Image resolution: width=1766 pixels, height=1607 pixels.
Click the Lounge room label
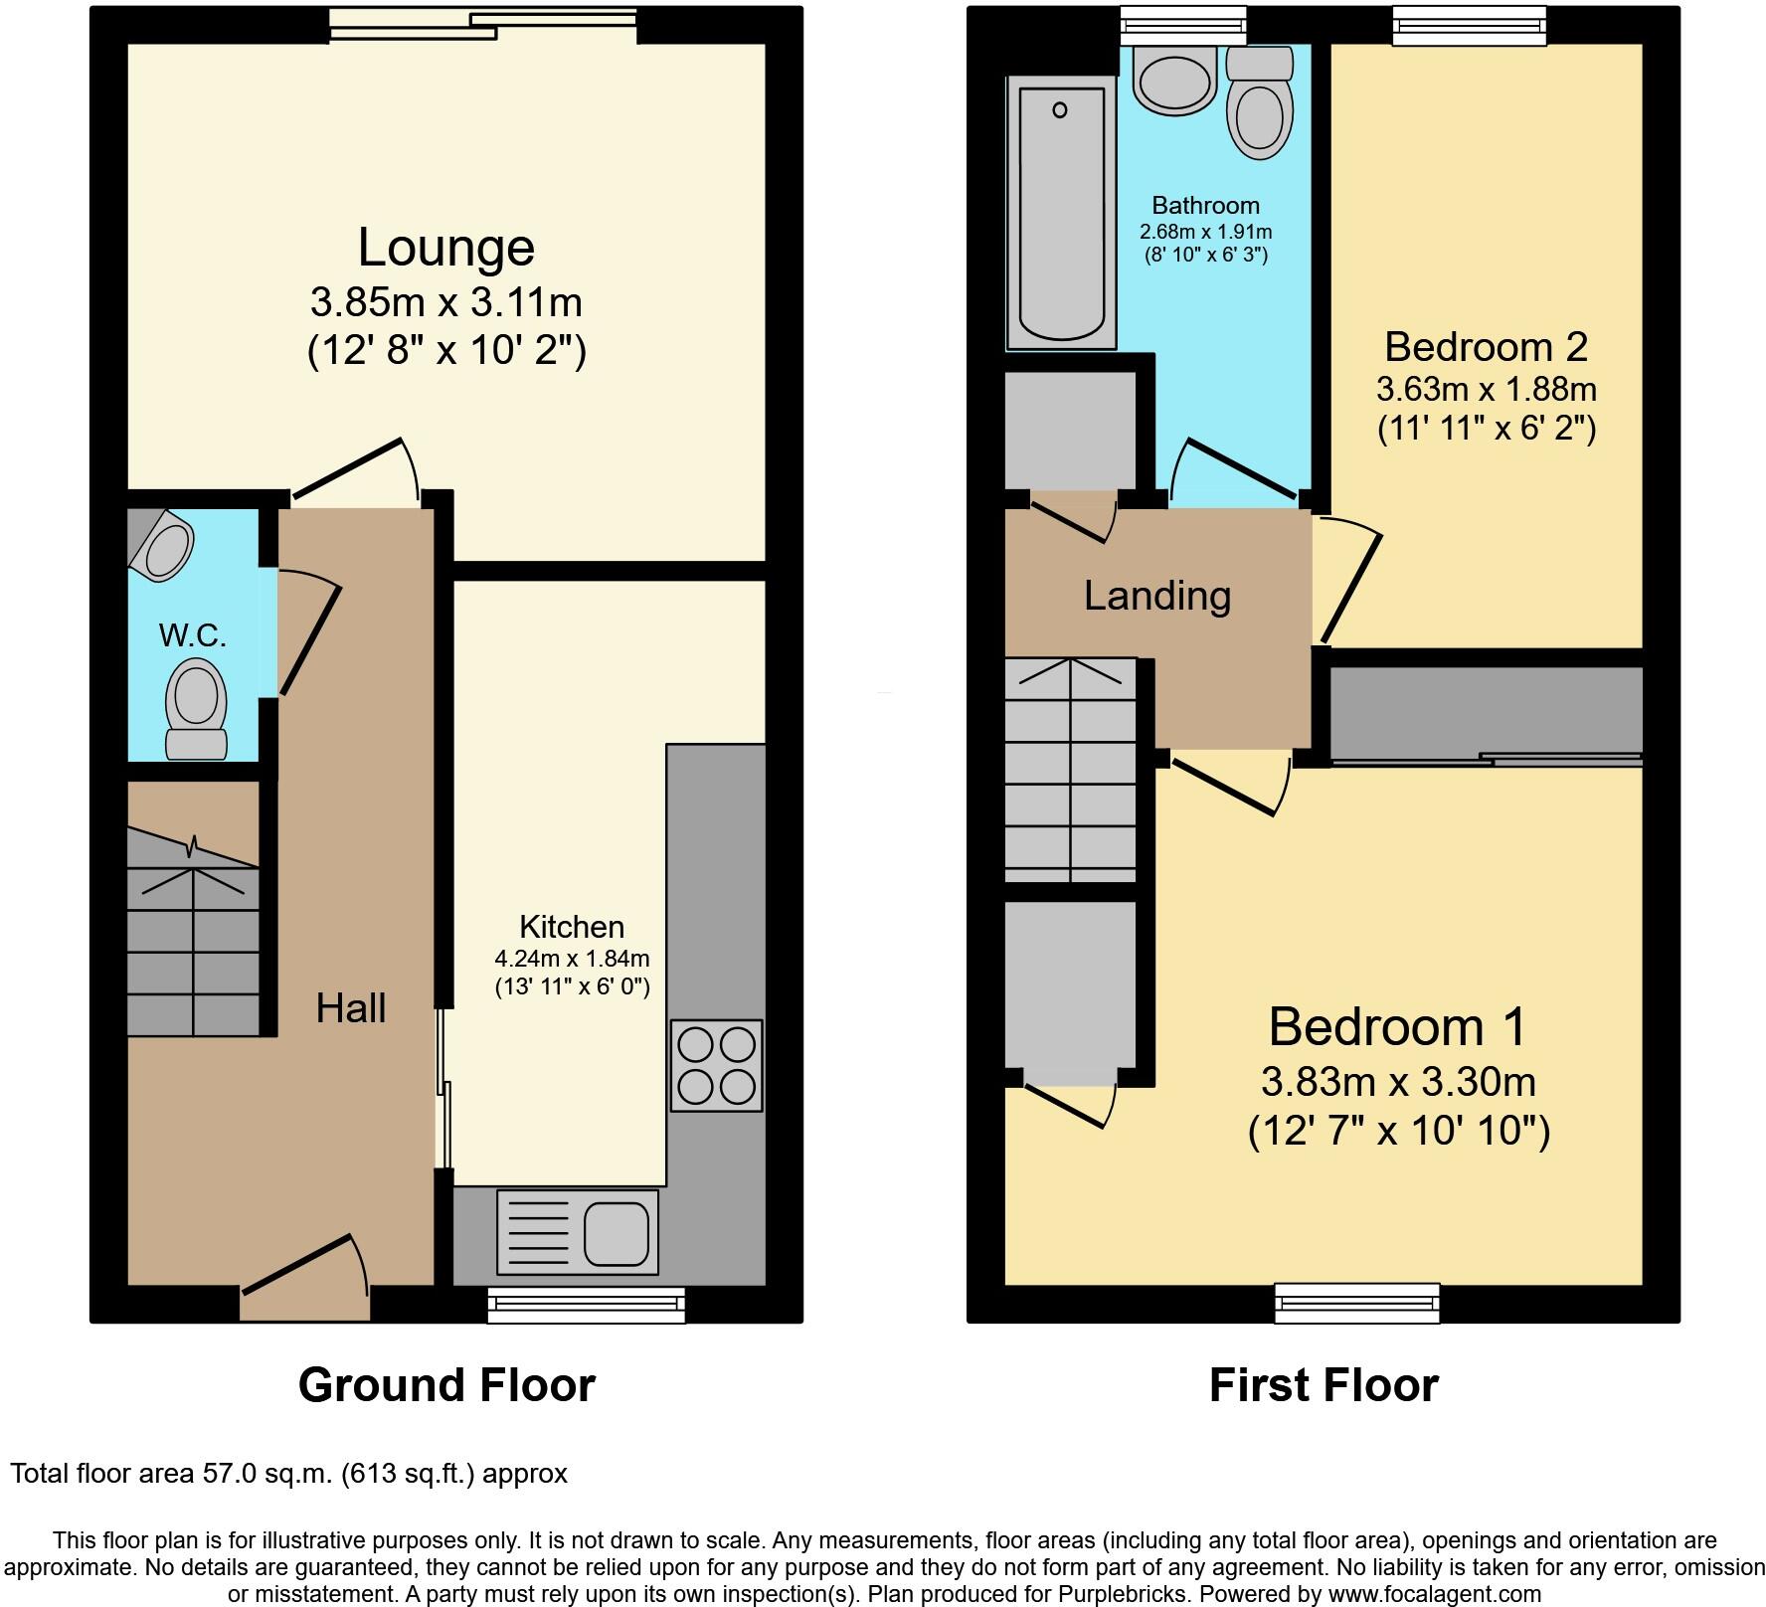coord(445,248)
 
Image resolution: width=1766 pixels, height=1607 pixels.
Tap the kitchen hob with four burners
coord(716,1065)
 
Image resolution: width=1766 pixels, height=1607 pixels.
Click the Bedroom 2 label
coord(1486,347)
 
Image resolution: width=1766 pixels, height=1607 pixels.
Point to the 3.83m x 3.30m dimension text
coord(1398,1081)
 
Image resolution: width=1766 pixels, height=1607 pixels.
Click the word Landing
coord(1157,596)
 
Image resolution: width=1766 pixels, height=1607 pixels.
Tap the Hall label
coord(350,1008)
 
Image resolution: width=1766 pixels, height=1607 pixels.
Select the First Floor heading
coord(1323,1385)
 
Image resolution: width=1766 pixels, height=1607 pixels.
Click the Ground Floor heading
coord(446,1385)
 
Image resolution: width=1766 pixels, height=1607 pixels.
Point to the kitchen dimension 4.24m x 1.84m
coord(572,959)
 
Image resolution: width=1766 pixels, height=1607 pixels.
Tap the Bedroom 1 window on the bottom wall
coord(1357,1303)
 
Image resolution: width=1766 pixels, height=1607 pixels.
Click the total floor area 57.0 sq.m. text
coord(288,1473)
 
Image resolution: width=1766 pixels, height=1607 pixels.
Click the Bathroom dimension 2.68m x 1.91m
coord(1205,232)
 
